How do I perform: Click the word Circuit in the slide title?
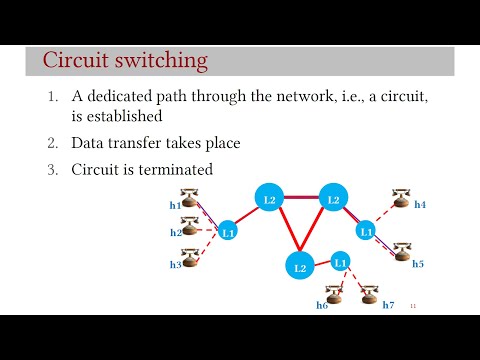[x=76, y=60]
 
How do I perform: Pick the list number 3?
[x=54, y=169]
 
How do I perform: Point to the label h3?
[x=175, y=265]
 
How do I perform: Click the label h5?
[x=418, y=264]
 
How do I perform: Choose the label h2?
[x=175, y=233]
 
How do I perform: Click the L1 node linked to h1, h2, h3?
[x=227, y=232]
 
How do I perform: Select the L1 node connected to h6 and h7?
[x=340, y=263]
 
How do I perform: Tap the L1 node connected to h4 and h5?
[x=365, y=231]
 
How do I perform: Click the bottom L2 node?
[x=298, y=266]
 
